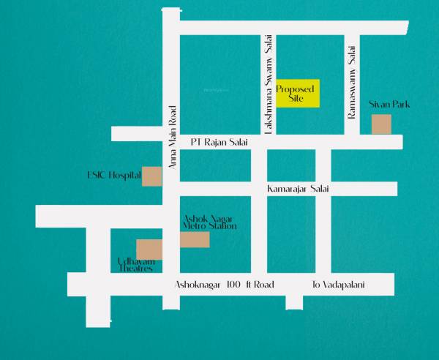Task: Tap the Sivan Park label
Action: click(389, 105)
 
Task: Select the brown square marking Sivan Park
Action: click(381, 124)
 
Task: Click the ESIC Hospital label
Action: click(113, 176)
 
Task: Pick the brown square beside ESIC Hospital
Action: click(151, 176)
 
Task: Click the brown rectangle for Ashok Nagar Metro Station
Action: click(195, 239)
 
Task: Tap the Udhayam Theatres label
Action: click(135, 265)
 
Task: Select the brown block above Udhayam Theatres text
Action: click(149, 249)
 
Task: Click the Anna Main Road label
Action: click(173, 138)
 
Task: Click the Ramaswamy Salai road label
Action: click(352, 80)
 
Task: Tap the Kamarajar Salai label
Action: click(298, 190)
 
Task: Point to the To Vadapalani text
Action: click(338, 284)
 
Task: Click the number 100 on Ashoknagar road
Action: click(234, 284)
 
